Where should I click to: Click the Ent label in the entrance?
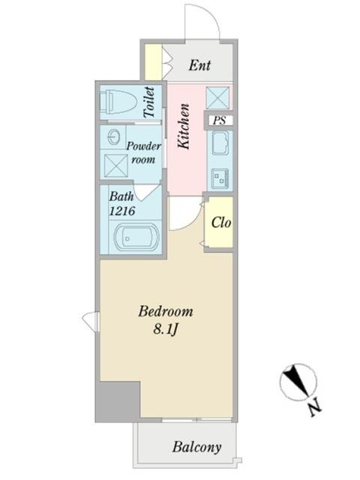point(199,65)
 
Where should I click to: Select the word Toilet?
point(149,102)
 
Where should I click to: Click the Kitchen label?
point(184,127)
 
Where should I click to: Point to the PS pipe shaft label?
point(220,120)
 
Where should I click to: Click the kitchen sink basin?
point(220,143)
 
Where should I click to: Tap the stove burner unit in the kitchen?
point(220,178)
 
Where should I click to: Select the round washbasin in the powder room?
point(114,136)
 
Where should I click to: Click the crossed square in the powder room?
point(116,166)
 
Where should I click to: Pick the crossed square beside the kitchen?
point(217,97)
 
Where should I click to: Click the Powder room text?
point(143,152)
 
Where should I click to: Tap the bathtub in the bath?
point(136,238)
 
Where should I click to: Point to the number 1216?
point(122,211)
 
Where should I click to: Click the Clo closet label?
point(221,222)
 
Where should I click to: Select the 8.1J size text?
point(166,330)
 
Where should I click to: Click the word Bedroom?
point(166,312)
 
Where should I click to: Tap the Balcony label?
point(196,447)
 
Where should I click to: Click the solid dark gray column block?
point(118,402)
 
